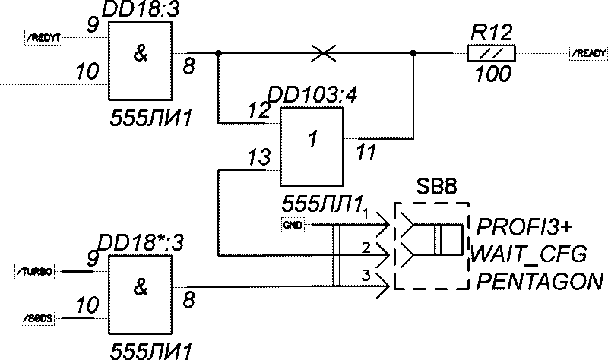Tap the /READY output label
click(x=588, y=53)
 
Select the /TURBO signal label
click(x=35, y=271)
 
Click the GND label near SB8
click(x=292, y=225)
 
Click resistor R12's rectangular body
click(x=491, y=53)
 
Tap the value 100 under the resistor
click(x=492, y=74)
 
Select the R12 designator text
click(x=492, y=32)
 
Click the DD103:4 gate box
click(x=312, y=147)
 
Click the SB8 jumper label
click(x=435, y=188)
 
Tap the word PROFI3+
click(x=524, y=227)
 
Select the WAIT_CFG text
click(x=529, y=252)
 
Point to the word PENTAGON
click(x=540, y=282)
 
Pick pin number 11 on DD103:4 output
click(x=366, y=153)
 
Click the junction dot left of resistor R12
click(x=413, y=53)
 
